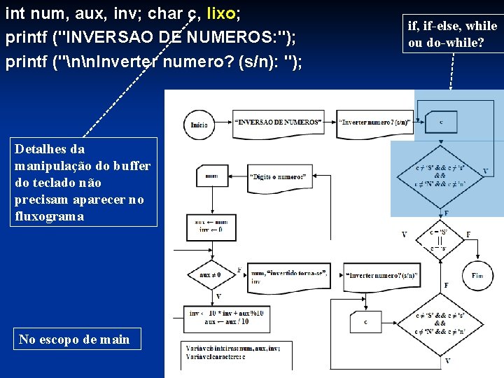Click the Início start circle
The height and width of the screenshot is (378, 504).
[x=199, y=125]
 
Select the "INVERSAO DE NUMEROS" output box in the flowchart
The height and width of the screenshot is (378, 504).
[x=279, y=122]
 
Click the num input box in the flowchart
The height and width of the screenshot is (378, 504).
[x=211, y=177]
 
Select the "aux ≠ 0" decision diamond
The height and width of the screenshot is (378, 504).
[x=209, y=275]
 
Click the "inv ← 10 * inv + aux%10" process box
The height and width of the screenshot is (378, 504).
[x=218, y=316]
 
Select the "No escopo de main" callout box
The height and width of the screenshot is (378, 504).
[x=74, y=339]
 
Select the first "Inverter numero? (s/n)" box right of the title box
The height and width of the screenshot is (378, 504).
[x=374, y=122]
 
